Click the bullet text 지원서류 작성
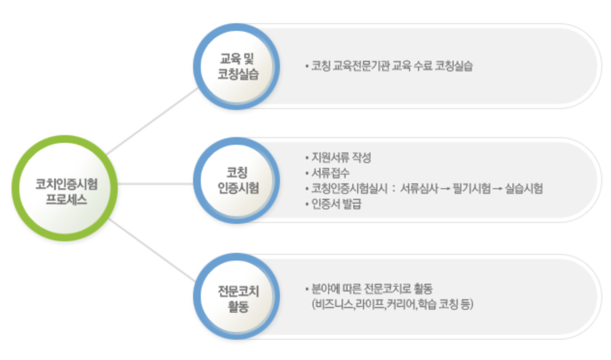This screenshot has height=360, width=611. tap(341, 158)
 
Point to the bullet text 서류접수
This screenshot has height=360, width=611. tap(333, 173)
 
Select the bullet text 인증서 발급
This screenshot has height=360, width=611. tap(337, 204)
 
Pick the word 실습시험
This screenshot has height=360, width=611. tap(524, 189)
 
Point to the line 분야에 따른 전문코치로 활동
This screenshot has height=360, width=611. tap(372, 290)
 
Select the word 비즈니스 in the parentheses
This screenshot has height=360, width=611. tap(333, 305)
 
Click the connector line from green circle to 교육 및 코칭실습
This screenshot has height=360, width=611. tap(152, 121)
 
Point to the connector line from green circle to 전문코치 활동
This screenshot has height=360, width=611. tap(152, 251)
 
